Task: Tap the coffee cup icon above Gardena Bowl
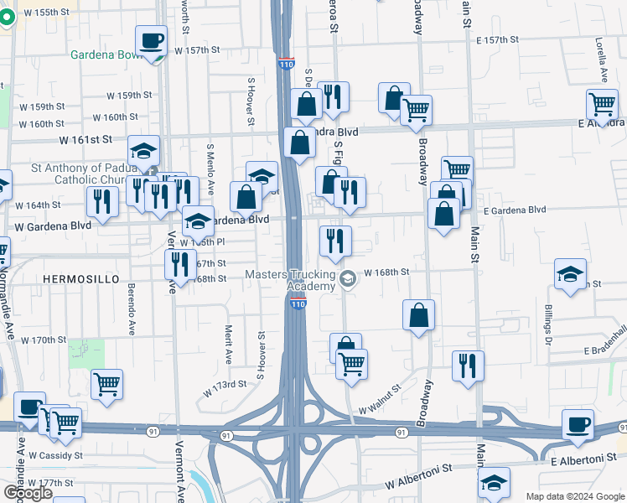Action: (x=151, y=41)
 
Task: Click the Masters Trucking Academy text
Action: (x=289, y=281)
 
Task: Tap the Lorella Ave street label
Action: (x=601, y=58)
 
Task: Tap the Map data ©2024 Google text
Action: (x=574, y=496)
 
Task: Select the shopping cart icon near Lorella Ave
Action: (x=603, y=105)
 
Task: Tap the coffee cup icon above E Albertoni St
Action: (x=578, y=424)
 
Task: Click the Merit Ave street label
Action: (x=227, y=344)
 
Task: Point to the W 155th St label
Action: (x=49, y=13)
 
